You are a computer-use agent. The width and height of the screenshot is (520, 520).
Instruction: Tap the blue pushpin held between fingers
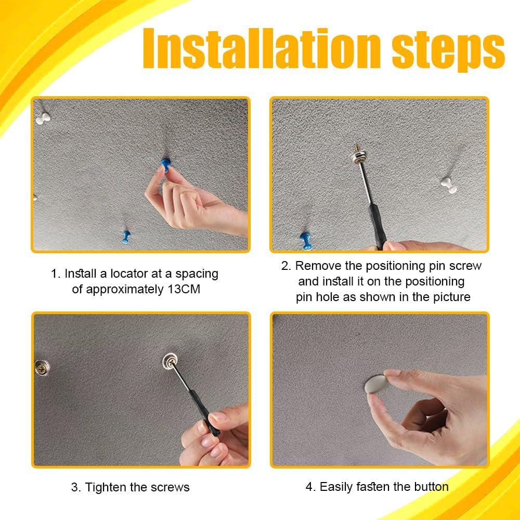click(165, 165)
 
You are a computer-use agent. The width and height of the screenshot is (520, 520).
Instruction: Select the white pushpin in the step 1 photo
click(43, 118)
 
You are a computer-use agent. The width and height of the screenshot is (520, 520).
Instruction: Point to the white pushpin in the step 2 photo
click(449, 185)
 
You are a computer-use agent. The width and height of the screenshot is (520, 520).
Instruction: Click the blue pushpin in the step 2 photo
click(306, 241)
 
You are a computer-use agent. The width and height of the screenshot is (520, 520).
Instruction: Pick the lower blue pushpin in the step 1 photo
click(126, 237)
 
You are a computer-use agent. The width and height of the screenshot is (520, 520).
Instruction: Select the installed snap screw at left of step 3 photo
click(42, 368)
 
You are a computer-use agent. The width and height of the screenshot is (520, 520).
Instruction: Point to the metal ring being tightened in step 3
click(170, 361)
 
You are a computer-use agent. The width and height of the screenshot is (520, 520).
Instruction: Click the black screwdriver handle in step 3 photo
click(204, 412)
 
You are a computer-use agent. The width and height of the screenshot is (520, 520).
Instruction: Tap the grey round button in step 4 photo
click(376, 384)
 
